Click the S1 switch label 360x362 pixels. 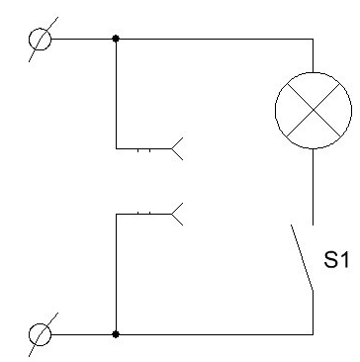click(336, 259)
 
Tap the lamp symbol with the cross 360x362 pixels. click(314, 111)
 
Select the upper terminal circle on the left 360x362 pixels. click(40, 40)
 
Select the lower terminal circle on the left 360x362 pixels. click(40, 334)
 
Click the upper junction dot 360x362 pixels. click(116, 39)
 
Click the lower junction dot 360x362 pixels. click(116, 334)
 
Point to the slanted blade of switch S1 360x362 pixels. click(302, 257)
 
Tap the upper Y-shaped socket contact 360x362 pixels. click(177, 148)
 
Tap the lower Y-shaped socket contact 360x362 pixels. click(177, 214)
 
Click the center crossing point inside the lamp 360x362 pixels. click(314, 111)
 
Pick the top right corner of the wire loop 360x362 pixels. click(313, 39)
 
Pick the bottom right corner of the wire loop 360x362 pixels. click(313, 334)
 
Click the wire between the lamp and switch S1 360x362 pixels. click(313, 187)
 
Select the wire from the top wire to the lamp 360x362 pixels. click(313, 55)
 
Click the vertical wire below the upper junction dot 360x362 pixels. click(116, 94)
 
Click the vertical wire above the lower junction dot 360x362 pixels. click(116, 274)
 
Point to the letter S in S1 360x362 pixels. click(330, 259)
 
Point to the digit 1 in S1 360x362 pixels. click(345, 259)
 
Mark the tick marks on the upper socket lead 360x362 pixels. click(143, 150)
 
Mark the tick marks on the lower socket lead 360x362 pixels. click(143, 213)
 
